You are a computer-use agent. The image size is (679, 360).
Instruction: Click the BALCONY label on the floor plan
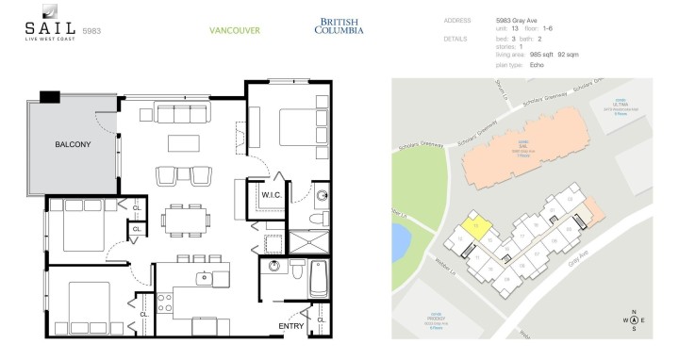(73, 144)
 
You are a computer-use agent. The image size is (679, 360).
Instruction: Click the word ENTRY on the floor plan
(291, 326)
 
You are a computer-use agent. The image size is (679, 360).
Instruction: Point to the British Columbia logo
(340, 25)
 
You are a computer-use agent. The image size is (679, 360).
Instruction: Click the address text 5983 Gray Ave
(518, 20)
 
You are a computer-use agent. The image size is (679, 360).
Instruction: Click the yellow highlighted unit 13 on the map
(478, 226)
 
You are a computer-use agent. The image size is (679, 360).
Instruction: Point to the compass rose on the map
(634, 320)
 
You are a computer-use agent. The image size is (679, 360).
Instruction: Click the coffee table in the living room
(184, 143)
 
